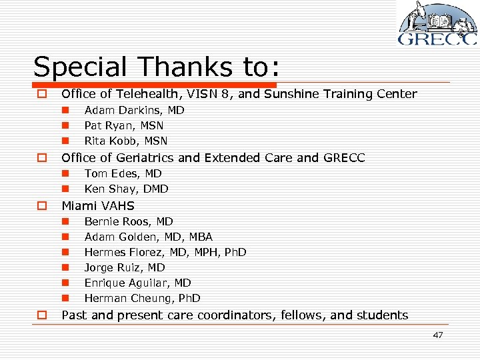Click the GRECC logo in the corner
coord(437,24)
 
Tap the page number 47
coord(437,335)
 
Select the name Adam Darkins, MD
coord(134,110)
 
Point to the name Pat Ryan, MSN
coord(124,125)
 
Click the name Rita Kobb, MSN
coord(126,141)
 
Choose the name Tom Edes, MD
coord(123,173)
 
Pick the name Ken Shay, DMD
coord(126,189)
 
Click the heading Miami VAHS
coord(98,206)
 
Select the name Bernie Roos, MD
coord(129,221)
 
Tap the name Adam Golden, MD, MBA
coord(149,237)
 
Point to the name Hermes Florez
coord(165,252)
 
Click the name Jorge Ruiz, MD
coord(125,267)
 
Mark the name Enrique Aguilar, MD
coord(137,283)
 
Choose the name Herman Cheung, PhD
coord(142,298)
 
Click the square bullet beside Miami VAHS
coord(41,206)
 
